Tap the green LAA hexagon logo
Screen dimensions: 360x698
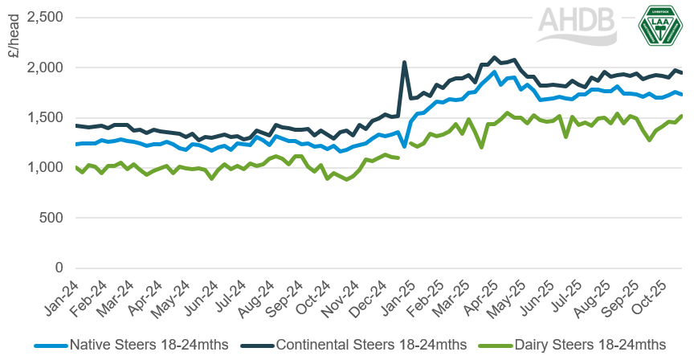point(660,27)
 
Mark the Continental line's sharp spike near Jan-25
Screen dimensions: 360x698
point(404,62)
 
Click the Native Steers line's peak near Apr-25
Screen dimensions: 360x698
point(494,72)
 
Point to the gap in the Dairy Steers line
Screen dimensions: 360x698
point(405,151)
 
